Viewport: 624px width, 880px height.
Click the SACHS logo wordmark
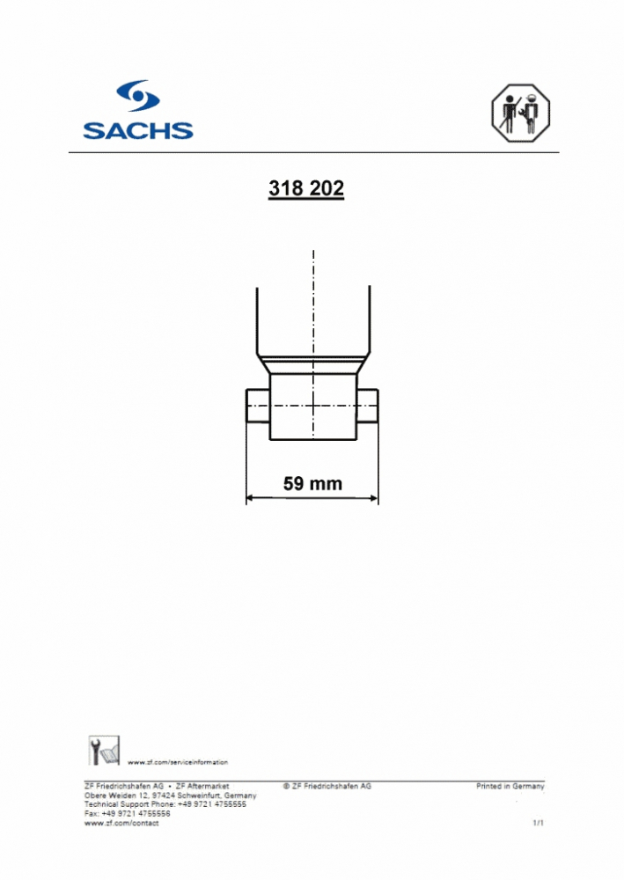pos(138,130)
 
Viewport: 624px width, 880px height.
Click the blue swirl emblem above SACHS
pos(138,96)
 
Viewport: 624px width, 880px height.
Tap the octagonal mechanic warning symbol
pos(519,114)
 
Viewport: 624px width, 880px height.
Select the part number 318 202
pos(306,189)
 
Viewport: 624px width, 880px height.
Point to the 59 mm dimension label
pos(312,483)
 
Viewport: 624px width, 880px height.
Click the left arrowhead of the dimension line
pos(250,498)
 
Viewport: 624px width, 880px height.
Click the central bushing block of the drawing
pos(312,407)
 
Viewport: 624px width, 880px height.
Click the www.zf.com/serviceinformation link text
pos(178,762)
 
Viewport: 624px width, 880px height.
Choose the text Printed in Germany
pos(510,786)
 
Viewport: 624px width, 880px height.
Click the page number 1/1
pos(539,823)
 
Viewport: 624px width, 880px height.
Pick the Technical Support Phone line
pos(165,804)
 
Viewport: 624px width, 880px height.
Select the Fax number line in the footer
pos(127,813)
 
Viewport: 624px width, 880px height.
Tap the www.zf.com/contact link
pos(121,823)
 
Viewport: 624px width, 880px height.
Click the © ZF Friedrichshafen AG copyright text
pos(327,786)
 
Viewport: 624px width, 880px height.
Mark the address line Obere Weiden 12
pos(170,795)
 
